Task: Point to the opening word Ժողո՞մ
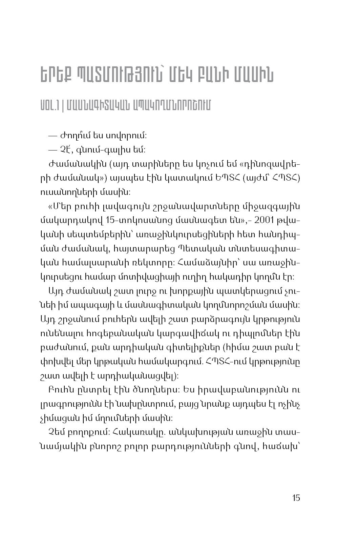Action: [x=70, y=136]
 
